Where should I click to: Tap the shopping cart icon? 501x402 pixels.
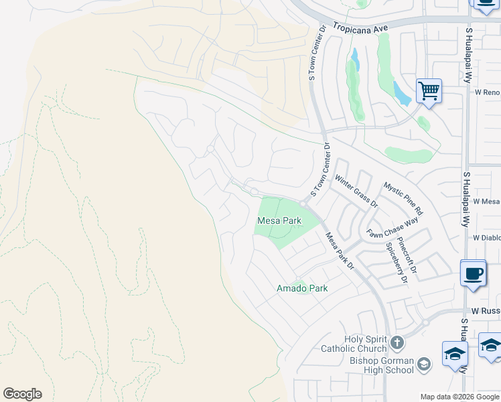(428, 90)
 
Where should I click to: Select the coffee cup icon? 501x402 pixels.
(474, 273)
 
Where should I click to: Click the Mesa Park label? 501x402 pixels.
(279, 220)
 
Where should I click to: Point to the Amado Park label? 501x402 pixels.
(302, 288)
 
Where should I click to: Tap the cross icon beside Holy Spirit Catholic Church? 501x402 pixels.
(397, 344)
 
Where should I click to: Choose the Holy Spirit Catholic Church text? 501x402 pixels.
(354, 344)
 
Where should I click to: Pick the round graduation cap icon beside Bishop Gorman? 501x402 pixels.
(423, 364)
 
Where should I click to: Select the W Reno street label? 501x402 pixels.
(487, 92)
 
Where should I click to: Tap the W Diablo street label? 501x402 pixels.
(486, 237)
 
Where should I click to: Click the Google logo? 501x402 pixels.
(22, 394)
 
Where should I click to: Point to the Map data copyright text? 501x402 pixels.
(459, 397)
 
